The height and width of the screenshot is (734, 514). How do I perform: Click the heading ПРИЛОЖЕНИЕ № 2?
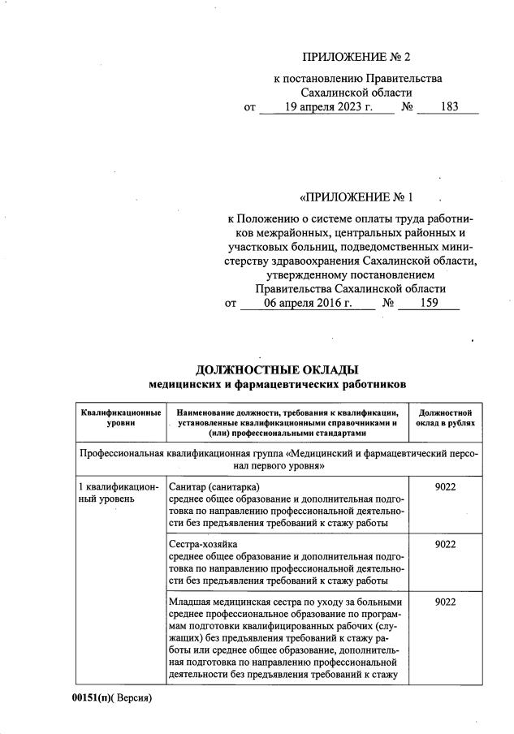click(356, 57)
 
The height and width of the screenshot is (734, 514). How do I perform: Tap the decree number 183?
click(447, 107)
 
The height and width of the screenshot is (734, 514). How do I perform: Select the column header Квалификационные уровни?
click(120, 417)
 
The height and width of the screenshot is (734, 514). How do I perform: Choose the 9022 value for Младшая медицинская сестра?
click(445, 602)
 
